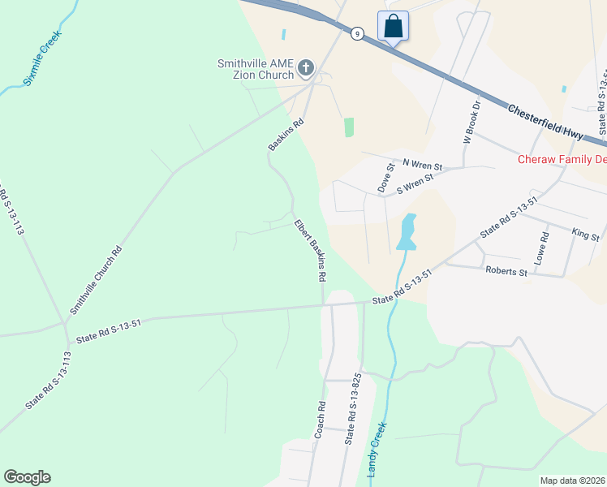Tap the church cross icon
[x=306, y=67]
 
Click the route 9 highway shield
[x=357, y=33]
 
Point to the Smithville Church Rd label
[x=96, y=280]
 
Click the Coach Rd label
[x=321, y=420]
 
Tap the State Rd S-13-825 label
[x=351, y=408]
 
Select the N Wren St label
[x=418, y=166]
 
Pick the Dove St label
[x=385, y=178]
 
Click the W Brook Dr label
[x=472, y=122]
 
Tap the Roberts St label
[x=506, y=271]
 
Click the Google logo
[x=28, y=477]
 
